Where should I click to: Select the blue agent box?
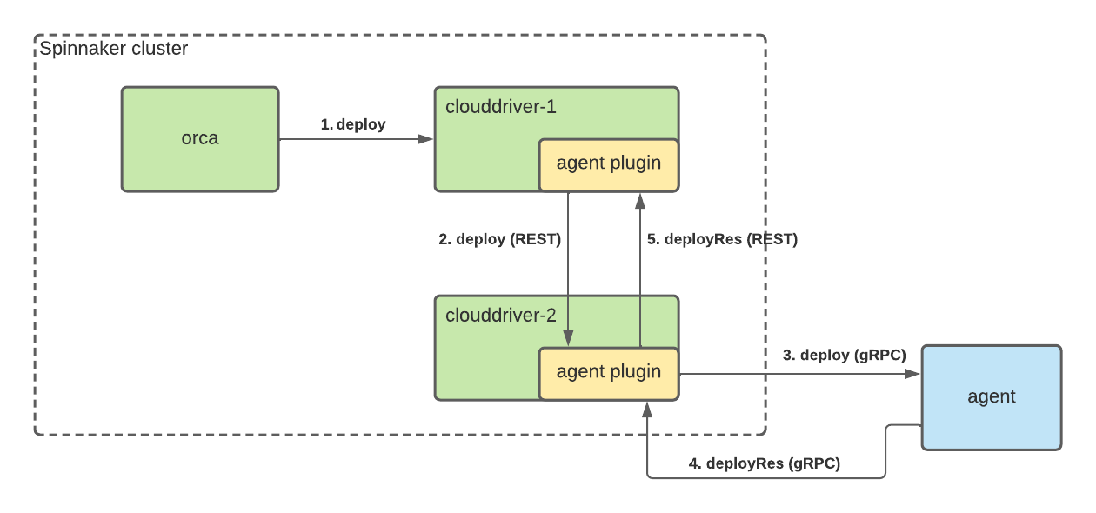coord(992,417)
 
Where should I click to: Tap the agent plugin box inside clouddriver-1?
coord(609,164)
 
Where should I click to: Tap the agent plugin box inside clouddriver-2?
coord(609,373)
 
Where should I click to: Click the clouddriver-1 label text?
coord(500,107)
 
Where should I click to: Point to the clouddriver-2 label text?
coord(500,316)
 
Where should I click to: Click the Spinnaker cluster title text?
coord(114,49)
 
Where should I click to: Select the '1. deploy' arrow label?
coord(353,124)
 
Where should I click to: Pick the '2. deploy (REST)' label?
coord(499,239)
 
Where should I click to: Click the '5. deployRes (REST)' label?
coord(722,239)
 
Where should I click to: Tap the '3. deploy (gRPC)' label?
coord(844,355)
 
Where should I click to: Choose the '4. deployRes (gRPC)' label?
coord(765,463)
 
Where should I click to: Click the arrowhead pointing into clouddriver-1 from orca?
coord(427,139)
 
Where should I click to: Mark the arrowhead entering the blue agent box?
coord(914,374)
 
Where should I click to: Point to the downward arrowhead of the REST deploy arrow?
coord(568,339)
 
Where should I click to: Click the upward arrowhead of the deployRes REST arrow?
coord(640,200)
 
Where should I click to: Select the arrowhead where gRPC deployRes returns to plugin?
coord(647,409)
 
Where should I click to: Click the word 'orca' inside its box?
coord(200,138)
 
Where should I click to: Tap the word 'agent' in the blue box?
coord(992,396)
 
